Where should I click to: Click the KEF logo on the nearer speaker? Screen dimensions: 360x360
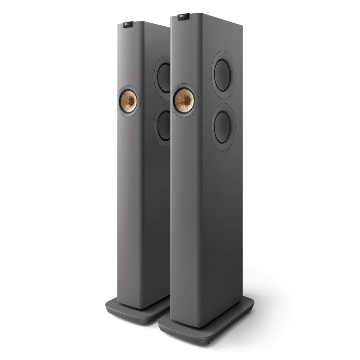pyautogui.click(x=183, y=16)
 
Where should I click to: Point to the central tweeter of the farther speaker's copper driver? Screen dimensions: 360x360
pyautogui.click(x=129, y=101)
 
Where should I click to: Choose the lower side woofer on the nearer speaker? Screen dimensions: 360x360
pyautogui.click(x=223, y=127)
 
